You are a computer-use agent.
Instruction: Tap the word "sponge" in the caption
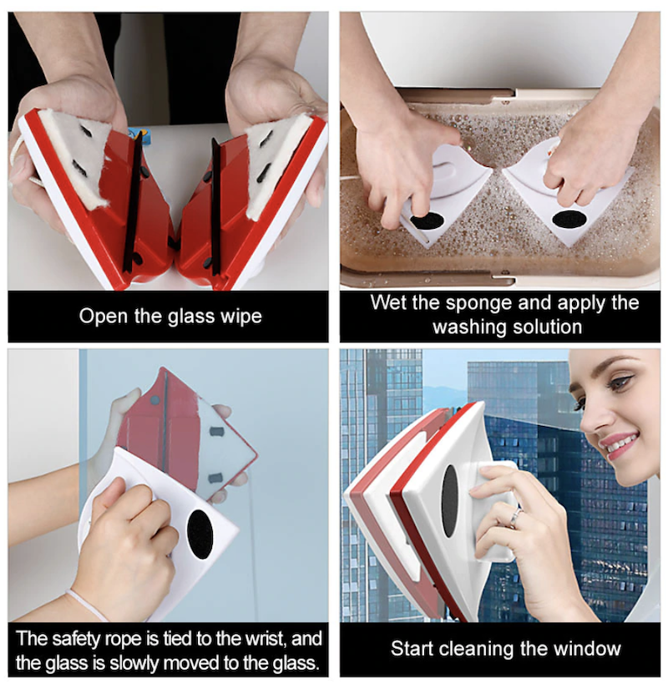(478, 304)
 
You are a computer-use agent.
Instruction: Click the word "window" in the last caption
(588, 649)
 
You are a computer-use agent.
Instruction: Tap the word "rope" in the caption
(124, 640)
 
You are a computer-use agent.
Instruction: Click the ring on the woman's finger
(515, 517)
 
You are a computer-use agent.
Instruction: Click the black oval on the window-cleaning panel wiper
(449, 501)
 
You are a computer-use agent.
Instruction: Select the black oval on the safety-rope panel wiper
(200, 534)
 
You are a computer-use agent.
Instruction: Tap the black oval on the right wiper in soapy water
(569, 218)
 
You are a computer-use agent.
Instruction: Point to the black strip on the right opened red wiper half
(215, 206)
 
